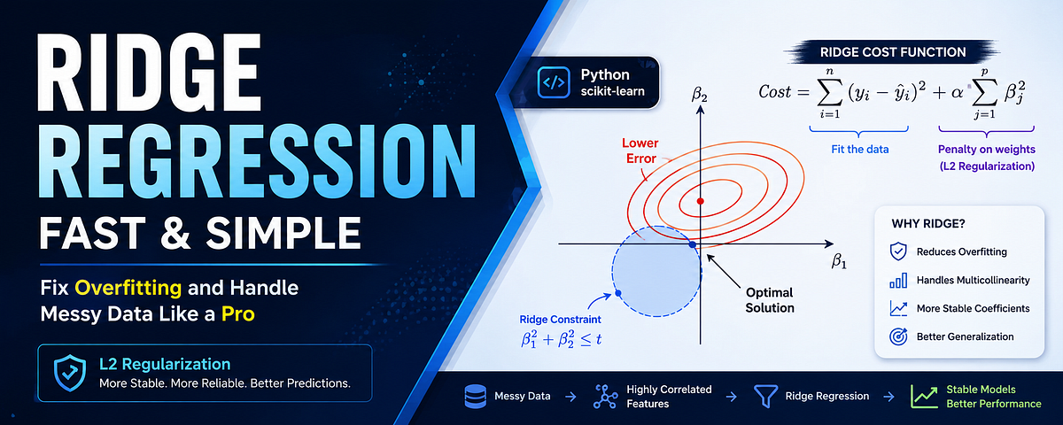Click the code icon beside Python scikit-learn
tap(554, 82)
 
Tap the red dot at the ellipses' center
tap(700, 201)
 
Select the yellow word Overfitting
tap(128, 288)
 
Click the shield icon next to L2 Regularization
tap(70, 374)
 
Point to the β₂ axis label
tap(699, 95)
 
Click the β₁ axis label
tap(839, 261)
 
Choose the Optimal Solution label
tap(769, 300)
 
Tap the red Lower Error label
tap(640, 151)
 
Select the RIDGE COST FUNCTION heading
tap(893, 52)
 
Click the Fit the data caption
tap(859, 150)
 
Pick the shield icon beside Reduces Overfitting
tap(898, 251)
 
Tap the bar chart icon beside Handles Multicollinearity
tap(898, 281)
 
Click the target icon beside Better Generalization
tap(898, 336)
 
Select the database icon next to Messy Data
tap(475, 397)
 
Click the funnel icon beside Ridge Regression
tap(765, 396)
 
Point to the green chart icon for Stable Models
tap(924, 397)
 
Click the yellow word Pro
tap(237, 314)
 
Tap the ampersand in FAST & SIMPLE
tap(175, 233)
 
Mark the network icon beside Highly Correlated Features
tap(605, 397)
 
